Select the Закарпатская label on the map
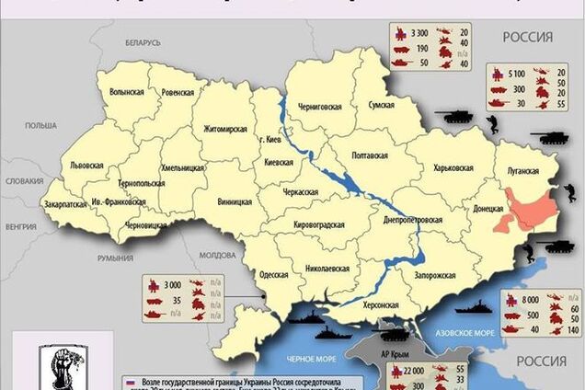(63, 204)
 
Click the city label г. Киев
(269, 140)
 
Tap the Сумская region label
(383, 107)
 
